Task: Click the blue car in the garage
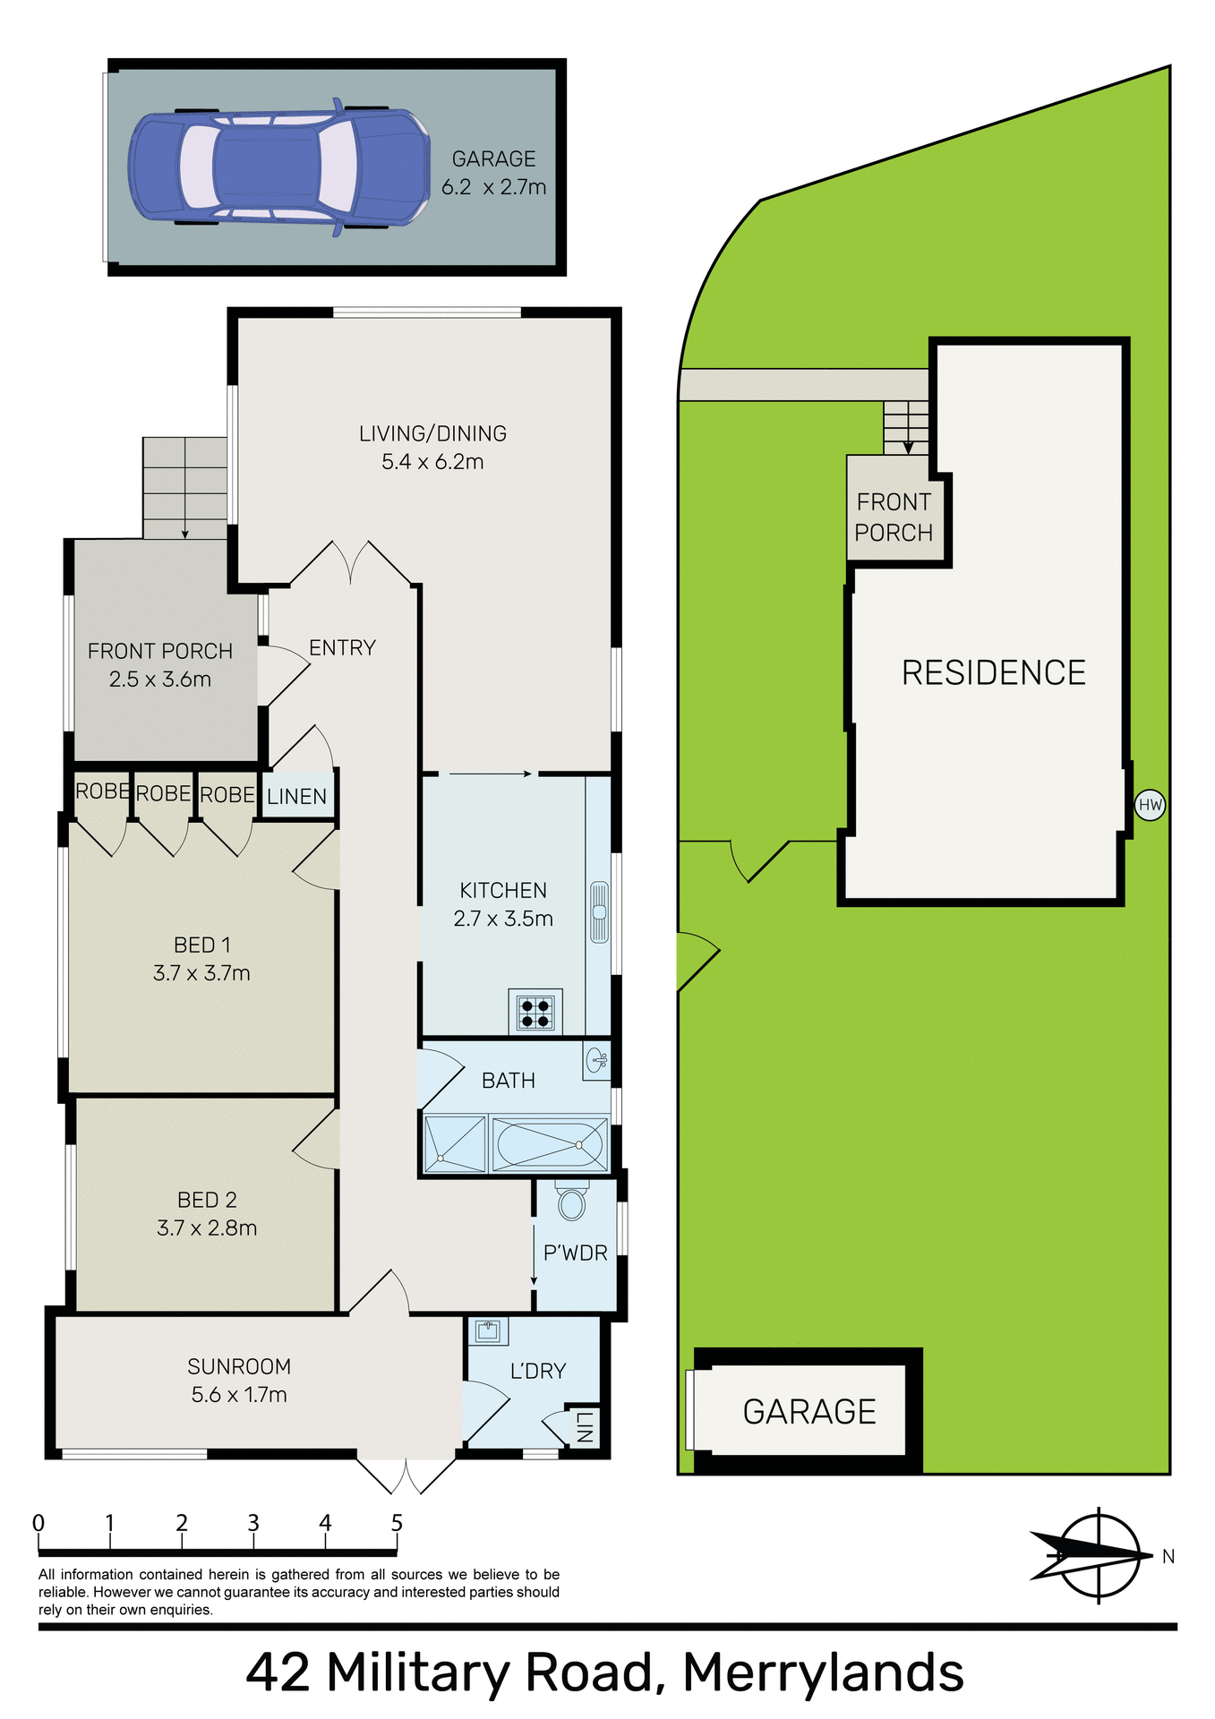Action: (278, 168)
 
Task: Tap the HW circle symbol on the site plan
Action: (1150, 805)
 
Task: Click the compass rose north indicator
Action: (1098, 1556)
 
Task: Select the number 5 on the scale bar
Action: (397, 1523)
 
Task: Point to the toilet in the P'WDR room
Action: (571, 1202)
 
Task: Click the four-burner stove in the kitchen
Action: (535, 1012)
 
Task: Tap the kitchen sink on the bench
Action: (599, 912)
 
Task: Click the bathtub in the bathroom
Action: (549, 1144)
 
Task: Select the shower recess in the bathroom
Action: (455, 1144)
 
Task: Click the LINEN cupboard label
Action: (296, 796)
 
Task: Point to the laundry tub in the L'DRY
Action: (488, 1330)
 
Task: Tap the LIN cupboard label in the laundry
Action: (583, 1426)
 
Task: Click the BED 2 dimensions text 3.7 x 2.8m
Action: (207, 1227)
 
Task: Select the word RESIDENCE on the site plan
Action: (993, 672)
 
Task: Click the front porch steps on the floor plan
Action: (185, 488)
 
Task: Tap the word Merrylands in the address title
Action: (823, 1672)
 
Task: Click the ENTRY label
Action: (342, 647)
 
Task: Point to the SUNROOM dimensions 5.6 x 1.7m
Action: (239, 1394)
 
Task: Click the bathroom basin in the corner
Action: (596, 1061)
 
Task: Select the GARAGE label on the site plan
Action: (809, 1411)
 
